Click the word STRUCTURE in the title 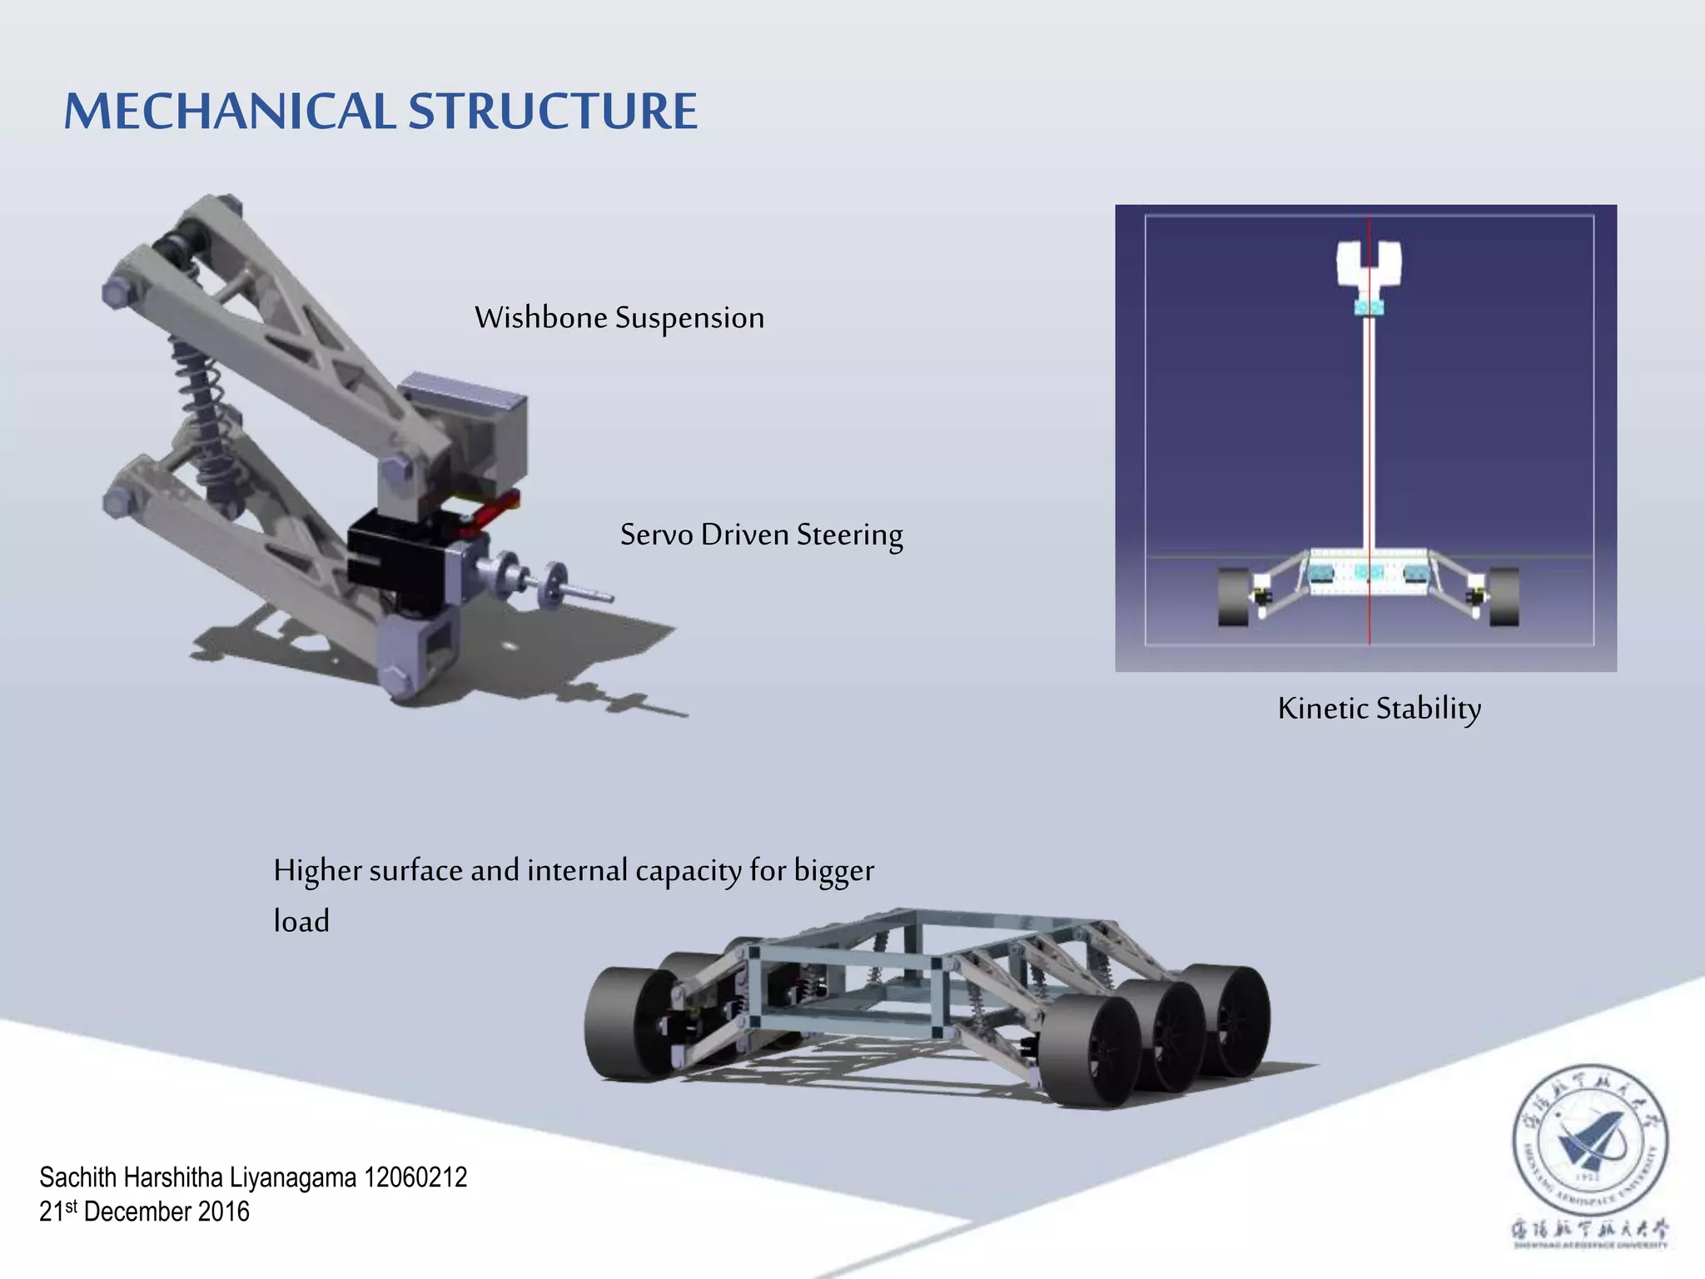click(553, 111)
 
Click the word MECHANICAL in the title click(230, 111)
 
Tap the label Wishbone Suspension click(619, 318)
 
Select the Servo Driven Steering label click(761, 535)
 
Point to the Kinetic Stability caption click(1379, 709)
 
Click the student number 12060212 click(415, 1177)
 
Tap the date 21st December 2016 click(144, 1212)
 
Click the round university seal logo click(1589, 1141)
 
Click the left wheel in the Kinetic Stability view click(1233, 596)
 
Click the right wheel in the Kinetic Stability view click(1504, 596)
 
